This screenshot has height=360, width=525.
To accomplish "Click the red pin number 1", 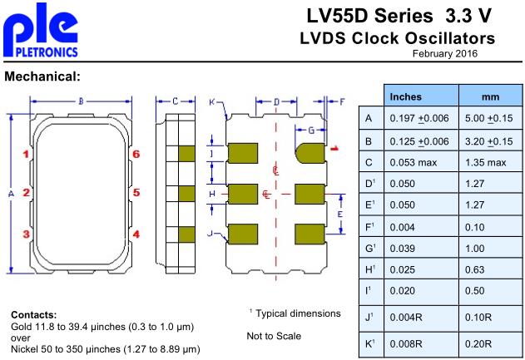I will [27, 154].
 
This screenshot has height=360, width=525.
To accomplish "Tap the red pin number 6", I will [136, 154].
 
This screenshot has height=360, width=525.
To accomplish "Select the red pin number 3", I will [27, 234].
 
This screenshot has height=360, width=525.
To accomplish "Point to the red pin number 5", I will [136, 193].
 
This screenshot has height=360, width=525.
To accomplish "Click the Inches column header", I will [406, 96].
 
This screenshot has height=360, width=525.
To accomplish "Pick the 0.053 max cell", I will [414, 161].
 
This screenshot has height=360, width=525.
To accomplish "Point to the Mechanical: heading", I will [42, 77].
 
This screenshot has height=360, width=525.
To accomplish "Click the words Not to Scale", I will [274, 336].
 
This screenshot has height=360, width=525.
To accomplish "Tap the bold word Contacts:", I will [34, 315].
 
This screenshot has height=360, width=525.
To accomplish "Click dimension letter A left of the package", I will [11, 193].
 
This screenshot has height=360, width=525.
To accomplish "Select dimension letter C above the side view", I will [176, 101].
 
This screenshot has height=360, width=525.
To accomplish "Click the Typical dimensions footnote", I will [297, 313].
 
